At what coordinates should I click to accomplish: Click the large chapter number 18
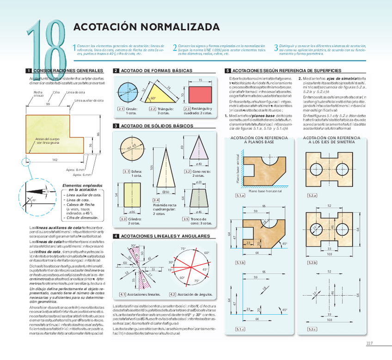tap(46, 46)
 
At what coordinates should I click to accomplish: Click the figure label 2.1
tap(121, 109)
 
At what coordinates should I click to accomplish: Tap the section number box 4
tap(116, 236)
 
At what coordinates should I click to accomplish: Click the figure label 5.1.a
tap(240, 196)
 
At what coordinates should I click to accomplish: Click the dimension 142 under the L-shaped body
tap(55, 160)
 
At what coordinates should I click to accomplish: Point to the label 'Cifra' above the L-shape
tap(56, 93)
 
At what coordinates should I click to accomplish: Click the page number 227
tap(369, 343)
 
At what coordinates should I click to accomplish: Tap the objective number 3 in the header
tap(276, 48)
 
